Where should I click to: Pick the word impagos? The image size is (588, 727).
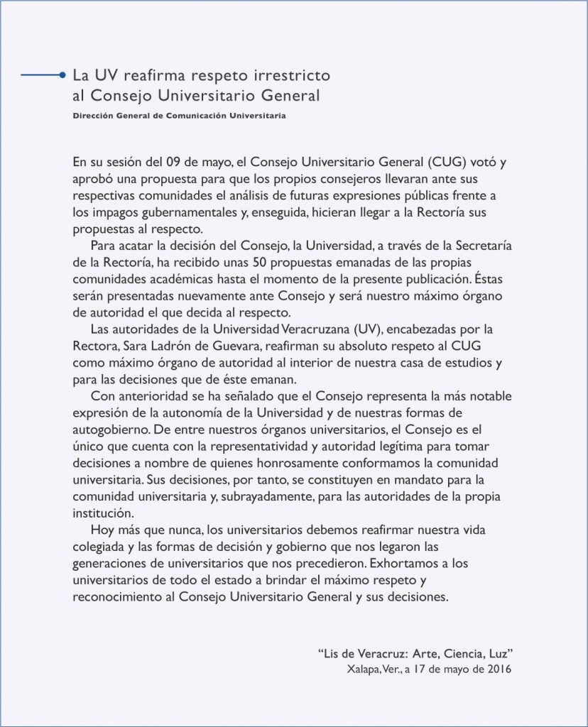(x=110, y=212)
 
